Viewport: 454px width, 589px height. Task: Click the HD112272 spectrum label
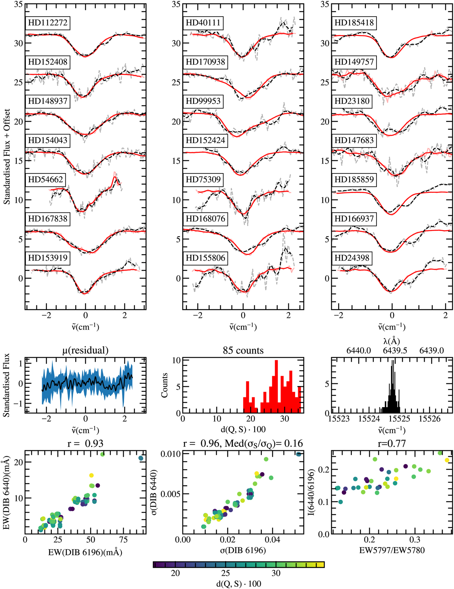[x=48, y=23]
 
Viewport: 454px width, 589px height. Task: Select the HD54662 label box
[x=45, y=180]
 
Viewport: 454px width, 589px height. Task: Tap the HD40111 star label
[x=203, y=23]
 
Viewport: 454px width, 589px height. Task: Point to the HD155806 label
[x=205, y=258]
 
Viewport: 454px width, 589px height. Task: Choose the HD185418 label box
[x=354, y=23]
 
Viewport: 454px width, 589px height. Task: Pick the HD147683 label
[x=354, y=140]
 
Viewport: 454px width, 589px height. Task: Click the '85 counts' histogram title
[x=243, y=350]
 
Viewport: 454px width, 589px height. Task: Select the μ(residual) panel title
[x=85, y=350]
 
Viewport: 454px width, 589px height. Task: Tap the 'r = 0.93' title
[x=86, y=443]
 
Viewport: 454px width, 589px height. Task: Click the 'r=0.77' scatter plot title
[x=392, y=443]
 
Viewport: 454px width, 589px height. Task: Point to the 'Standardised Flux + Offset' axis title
[x=7, y=157]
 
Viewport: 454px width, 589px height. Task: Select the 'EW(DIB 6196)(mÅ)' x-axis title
[x=86, y=552]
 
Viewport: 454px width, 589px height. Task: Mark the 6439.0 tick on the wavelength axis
[x=432, y=350]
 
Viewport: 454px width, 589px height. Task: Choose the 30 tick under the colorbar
[x=276, y=573]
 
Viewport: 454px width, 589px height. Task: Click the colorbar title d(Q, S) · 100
[x=239, y=583]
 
